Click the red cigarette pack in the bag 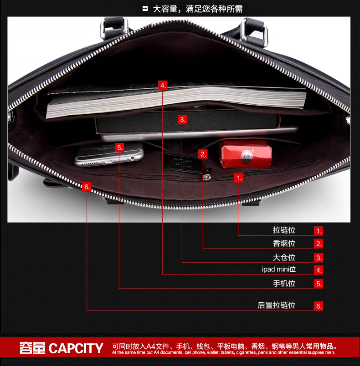244,155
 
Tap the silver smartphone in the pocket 109,155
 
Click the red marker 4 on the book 163,85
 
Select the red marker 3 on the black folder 182,119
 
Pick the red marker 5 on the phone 119,147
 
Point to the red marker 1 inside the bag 239,178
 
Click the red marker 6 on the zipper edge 87,187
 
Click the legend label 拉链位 284,230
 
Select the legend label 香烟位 284,244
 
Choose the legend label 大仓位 284,257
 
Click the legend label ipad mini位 279,269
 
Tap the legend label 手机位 284,283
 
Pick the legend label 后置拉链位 277,305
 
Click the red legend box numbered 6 319,306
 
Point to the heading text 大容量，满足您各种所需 197,9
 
